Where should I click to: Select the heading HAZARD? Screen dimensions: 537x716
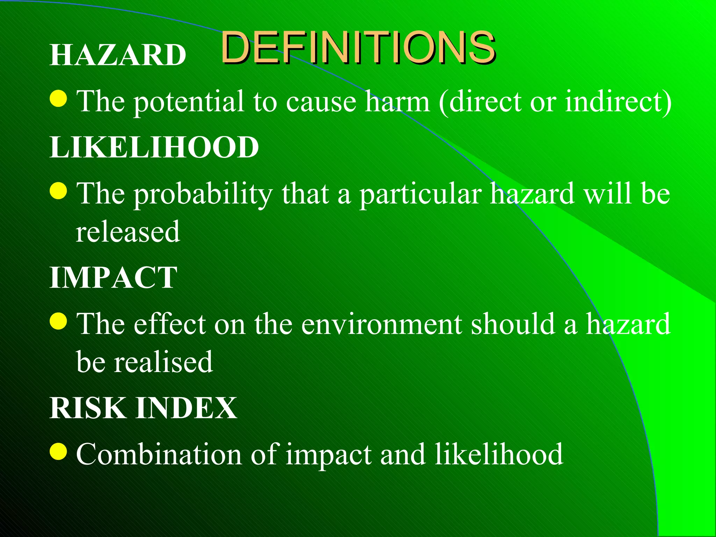[118, 55]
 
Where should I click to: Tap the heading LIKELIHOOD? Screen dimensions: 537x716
[154, 147]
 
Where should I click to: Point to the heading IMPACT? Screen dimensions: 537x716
[113, 277]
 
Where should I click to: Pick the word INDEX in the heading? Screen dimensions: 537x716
[186, 408]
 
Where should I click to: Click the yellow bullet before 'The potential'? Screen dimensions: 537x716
[58, 99]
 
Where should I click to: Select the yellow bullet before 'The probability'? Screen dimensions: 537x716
[58, 191]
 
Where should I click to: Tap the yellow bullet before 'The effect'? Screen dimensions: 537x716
[58, 321]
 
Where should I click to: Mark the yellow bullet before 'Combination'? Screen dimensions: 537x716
[58, 451]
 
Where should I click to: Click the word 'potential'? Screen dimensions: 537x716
[189, 102]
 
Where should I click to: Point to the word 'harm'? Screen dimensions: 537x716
[397, 101]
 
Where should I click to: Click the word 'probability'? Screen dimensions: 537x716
[203, 195]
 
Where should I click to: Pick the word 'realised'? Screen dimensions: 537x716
[164, 362]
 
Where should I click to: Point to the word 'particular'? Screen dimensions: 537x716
[421, 195]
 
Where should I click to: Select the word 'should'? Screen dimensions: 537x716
[513, 324]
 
